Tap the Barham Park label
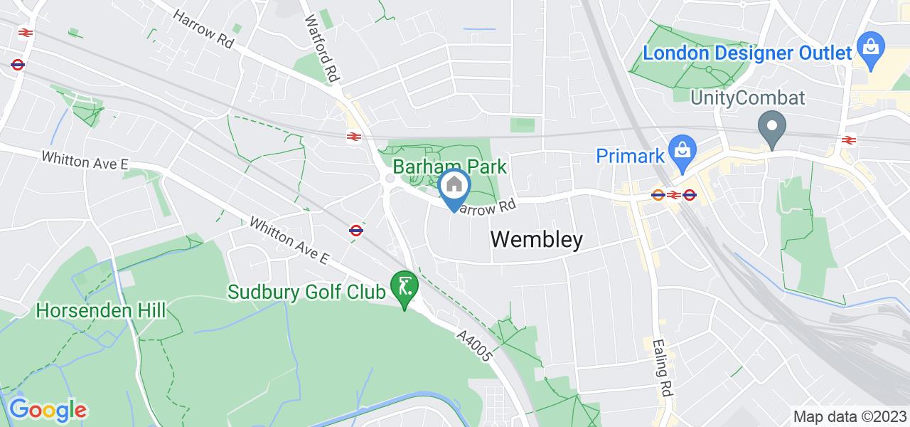click(x=450, y=167)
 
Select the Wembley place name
click(x=537, y=241)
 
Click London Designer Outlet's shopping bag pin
click(x=870, y=49)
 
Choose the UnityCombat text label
click(x=749, y=98)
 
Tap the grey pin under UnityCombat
click(x=771, y=130)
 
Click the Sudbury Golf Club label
click(x=306, y=292)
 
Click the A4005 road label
click(x=475, y=344)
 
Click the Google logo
click(x=47, y=410)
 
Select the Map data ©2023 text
click(x=850, y=416)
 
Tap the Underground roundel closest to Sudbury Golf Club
click(x=356, y=230)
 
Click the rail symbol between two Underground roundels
click(x=673, y=194)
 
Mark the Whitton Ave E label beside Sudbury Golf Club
click(x=289, y=240)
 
